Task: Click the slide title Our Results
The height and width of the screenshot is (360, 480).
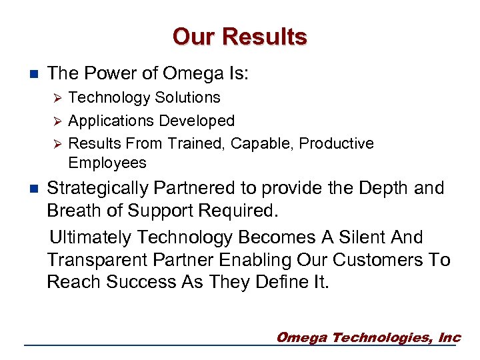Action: point(239,37)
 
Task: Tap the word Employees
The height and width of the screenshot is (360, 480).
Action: point(107,163)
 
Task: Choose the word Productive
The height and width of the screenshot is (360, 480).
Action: point(337,144)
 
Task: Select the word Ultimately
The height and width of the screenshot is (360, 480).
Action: point(93,237)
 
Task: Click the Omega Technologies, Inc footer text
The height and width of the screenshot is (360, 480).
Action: point(368,337)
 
